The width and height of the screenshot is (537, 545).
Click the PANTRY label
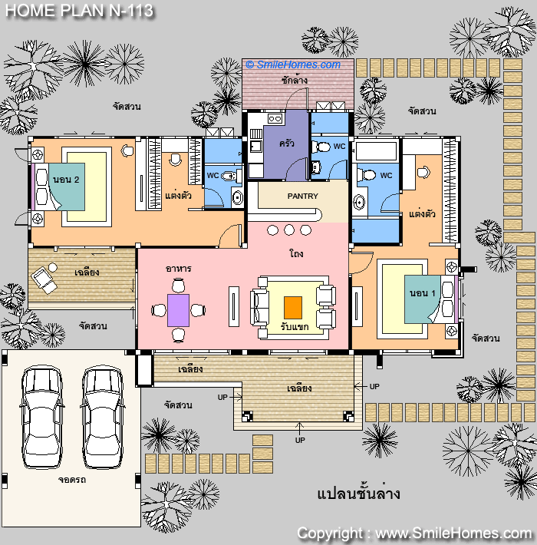coord(302,196)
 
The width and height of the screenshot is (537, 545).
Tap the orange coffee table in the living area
coord(293,308)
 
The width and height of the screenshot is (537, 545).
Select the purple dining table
coord(178,310)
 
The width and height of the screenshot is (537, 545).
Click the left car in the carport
coord(42,416)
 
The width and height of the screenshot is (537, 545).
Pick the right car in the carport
coord(103,416)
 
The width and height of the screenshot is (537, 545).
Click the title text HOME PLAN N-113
coord(79,11)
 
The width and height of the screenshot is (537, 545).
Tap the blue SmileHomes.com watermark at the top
coord(293,64)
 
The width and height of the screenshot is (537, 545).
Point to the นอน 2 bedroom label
coord(66,180)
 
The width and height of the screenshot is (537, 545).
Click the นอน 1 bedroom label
coord(423,293)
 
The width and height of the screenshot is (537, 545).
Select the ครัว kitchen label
coord(287,143)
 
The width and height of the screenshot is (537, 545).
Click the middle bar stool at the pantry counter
coord(289,230)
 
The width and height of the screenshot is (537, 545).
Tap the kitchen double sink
coord(275,119)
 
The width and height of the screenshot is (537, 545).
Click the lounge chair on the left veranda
coord(44,280)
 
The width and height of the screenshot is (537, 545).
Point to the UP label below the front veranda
coord(300,441)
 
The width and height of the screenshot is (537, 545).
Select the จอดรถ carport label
coord(71,480)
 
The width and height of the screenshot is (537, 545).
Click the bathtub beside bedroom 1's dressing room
coord(375,151)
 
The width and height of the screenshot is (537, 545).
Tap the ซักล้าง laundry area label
coord(295,81)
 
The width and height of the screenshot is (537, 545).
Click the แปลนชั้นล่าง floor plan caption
coord(358,494)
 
